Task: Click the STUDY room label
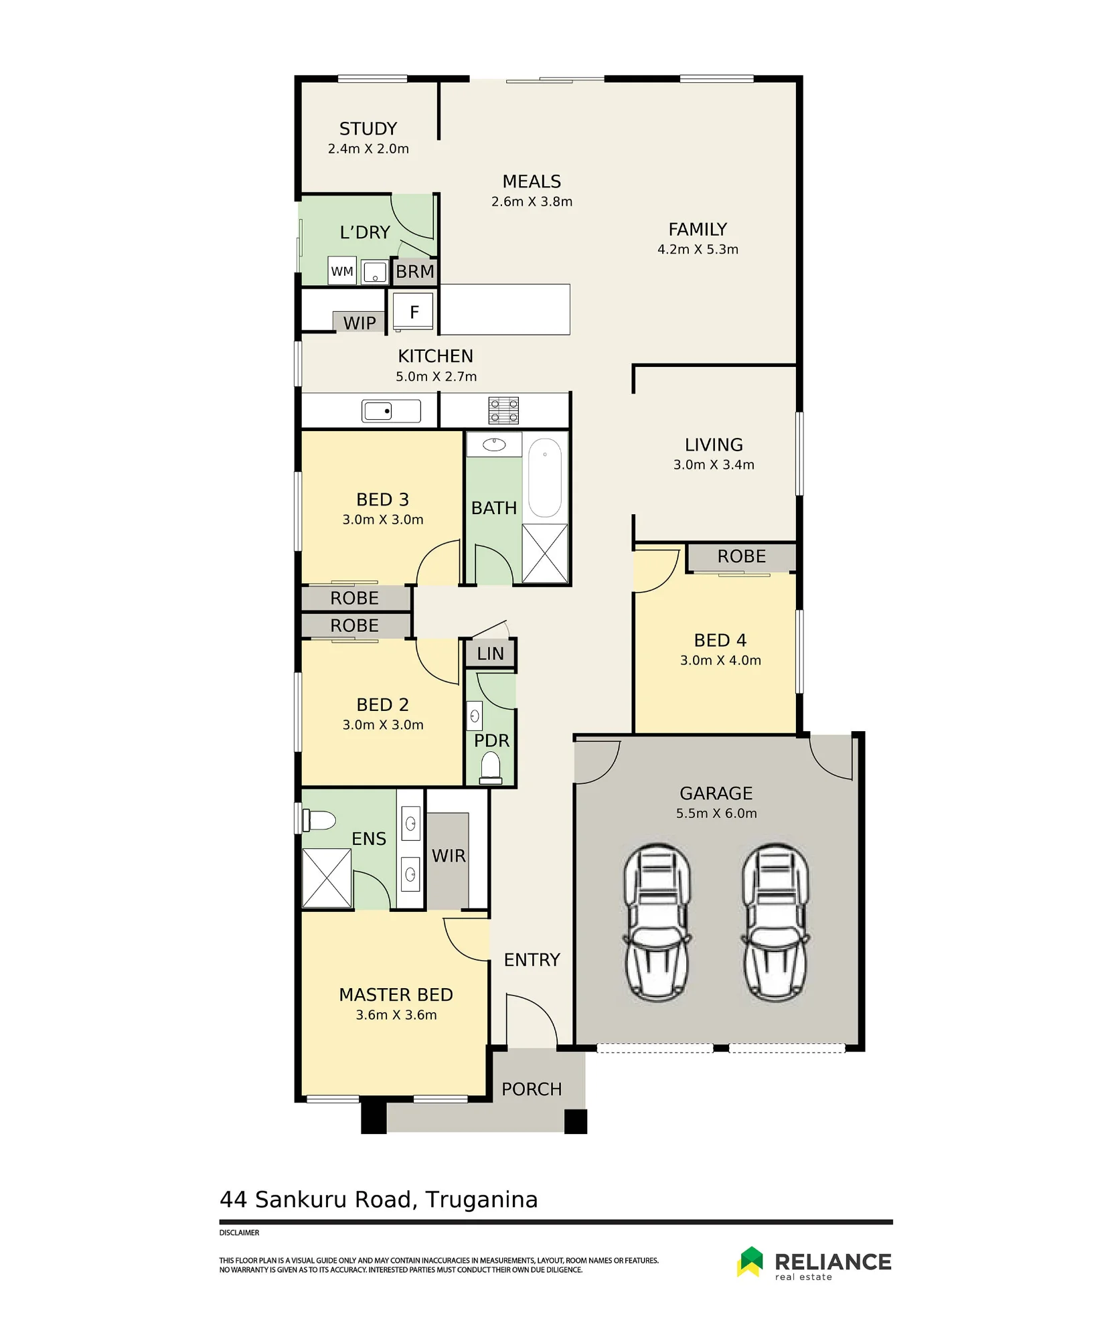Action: point(368,129)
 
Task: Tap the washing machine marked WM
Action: point(342,271)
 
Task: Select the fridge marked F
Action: point(413,311)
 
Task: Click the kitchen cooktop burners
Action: point(503,410)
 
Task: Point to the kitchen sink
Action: point(391,410)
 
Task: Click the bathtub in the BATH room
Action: point(545,478)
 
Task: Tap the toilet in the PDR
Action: point(491,767)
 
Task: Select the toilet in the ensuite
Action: point(319,819)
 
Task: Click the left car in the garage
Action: point(657,923)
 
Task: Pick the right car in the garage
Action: point(775,923)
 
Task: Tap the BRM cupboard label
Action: point(415,272)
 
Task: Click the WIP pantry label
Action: point(360,323)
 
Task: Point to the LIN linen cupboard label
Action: point(491,653)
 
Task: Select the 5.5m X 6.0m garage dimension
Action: point(716,813)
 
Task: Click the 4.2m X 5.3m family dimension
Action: point(698,250)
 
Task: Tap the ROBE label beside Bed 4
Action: point(742,556)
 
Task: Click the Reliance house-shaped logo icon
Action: point(750,1262)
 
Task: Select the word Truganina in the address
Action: point(481,1200)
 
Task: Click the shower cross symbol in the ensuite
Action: point(327,878)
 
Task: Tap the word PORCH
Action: point(532,1089)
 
